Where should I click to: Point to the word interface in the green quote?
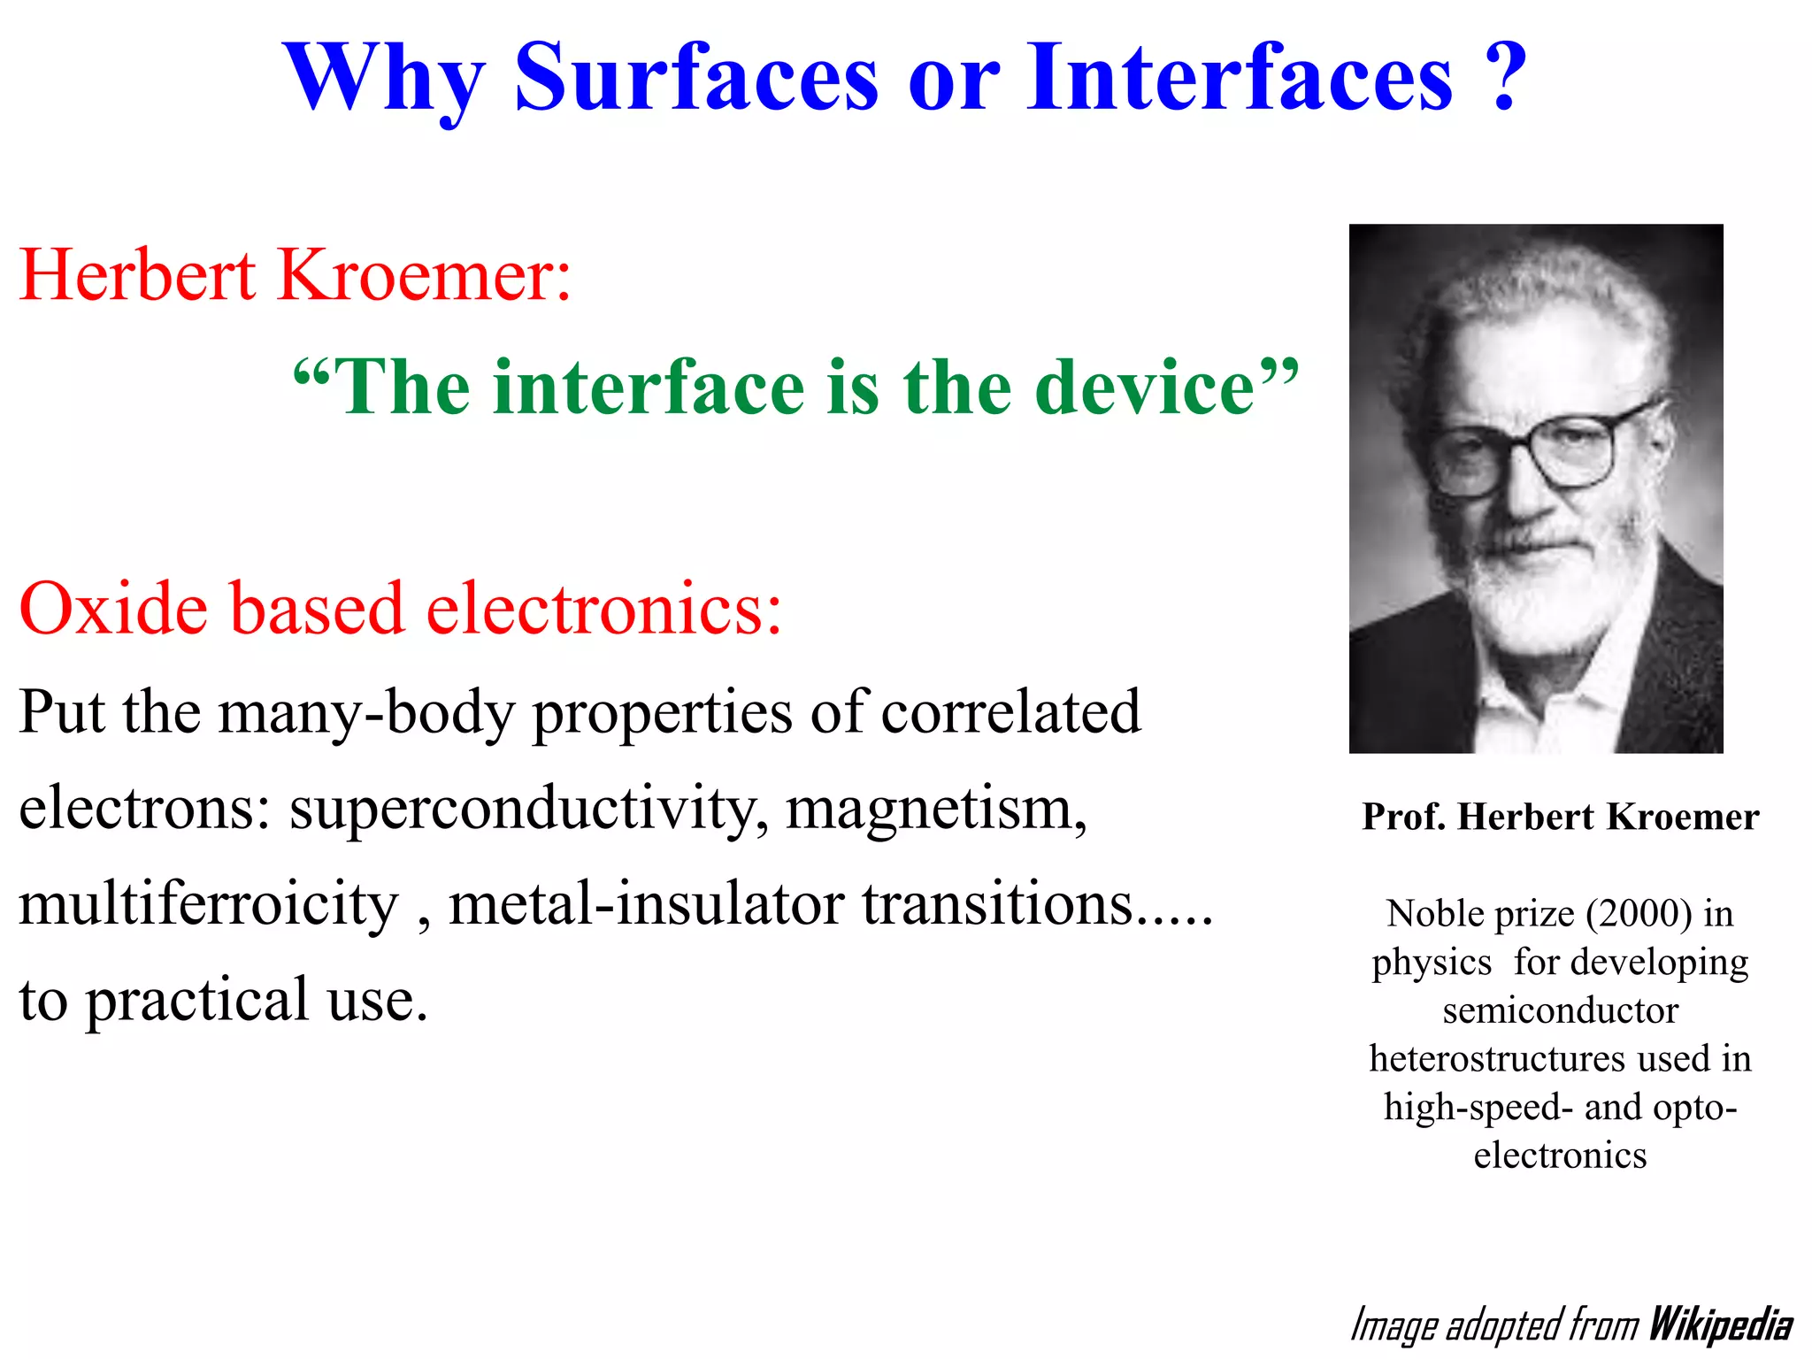649,388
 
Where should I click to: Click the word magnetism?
936,808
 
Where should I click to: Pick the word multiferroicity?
209,904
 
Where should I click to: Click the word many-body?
365,712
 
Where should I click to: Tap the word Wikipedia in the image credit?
1721,1325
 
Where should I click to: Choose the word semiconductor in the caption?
1560,1010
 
